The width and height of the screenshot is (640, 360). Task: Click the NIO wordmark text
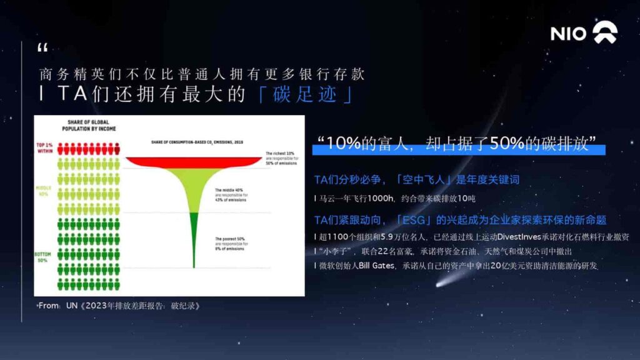pyautogui.click(x=568, y=34)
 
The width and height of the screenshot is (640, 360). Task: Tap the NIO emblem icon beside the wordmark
pyautogui.click(x=604, y=33)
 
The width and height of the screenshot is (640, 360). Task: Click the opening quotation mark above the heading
pyautogui.click(x=42, y=48)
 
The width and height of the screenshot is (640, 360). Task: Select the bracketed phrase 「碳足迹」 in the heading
pyautogui.click(x=306, y=94)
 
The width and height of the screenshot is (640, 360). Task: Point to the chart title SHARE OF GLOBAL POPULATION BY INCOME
pyautogui.click(x=88, y=125)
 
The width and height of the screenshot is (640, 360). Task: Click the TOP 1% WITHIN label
pyautogui.click(x=46, y=148)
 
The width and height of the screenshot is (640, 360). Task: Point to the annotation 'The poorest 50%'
pyautogui.click(x=231, y=239)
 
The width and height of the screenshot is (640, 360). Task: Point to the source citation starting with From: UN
pyautogui.click(x=119, y=306)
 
